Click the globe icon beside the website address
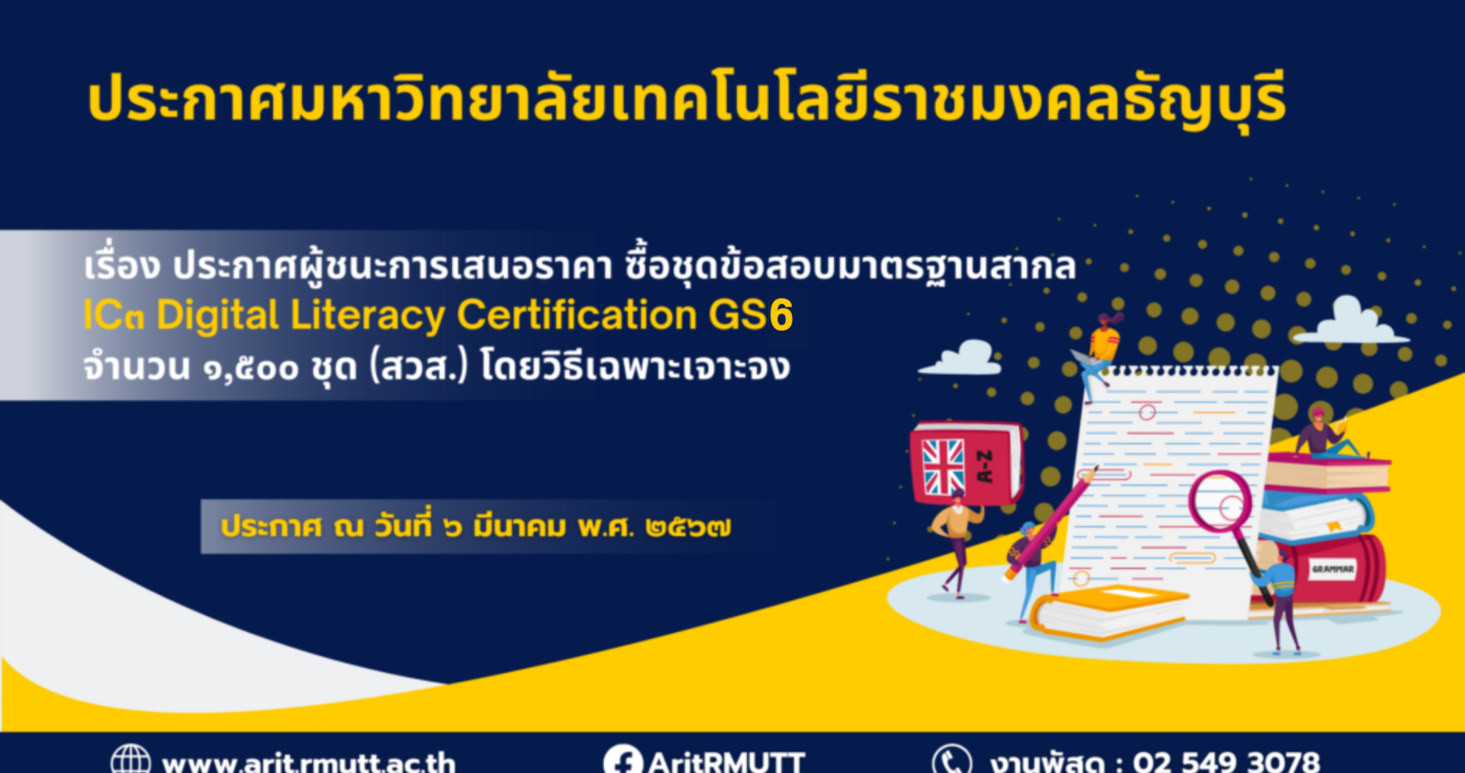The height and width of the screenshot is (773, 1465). [131, 760]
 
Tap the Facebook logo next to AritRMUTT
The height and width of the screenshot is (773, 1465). [623, 760]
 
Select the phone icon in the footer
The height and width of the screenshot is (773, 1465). [953, 760]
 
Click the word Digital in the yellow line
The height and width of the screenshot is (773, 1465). [218, 315]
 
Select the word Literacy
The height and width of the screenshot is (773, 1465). [368, 316]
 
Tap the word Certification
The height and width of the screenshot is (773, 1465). [577, 315]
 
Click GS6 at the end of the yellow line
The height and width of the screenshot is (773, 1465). [750, 315]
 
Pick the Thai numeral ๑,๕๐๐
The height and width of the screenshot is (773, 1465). [251, 369]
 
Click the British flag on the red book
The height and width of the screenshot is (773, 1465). [943, 466]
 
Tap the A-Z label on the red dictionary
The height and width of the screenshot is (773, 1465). [984, 466]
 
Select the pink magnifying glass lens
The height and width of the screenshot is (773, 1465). [1221, 502]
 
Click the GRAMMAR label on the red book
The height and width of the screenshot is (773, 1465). [1333, 569]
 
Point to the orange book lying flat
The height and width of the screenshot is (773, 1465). [1109, 612]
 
